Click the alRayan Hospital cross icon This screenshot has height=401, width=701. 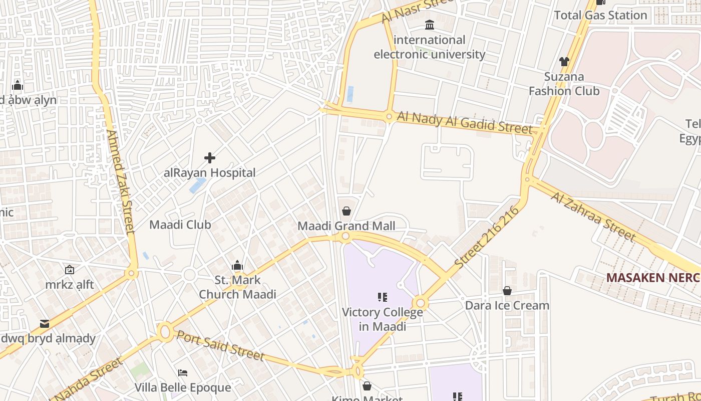tap(210, 158)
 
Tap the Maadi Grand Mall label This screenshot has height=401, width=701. tap(346, 226)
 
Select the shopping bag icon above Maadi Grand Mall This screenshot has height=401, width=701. tap(346, 212)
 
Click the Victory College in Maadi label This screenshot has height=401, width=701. tap(382, 319)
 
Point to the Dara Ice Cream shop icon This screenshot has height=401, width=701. tap(507, 291)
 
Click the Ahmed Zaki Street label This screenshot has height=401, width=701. tap(121, 182)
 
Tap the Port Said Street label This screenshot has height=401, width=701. tap(220, 345)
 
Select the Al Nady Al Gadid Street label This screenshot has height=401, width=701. tap(464, 122)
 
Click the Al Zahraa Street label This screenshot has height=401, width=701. tap(593, 216)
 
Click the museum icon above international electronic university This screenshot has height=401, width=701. tap(430, 25)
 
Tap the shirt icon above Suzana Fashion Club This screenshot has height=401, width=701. tap(564, 62)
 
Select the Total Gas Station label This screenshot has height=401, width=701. tap(600, 15)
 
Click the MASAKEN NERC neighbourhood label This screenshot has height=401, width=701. tap(652, 277)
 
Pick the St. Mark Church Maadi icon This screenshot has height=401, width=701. tap(237, 265)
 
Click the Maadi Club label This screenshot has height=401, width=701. tap(180, 225)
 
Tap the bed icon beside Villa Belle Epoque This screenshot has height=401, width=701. tap(183, 373)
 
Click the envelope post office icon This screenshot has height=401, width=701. tap(45, 323)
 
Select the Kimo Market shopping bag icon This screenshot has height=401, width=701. tap(367, 386)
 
